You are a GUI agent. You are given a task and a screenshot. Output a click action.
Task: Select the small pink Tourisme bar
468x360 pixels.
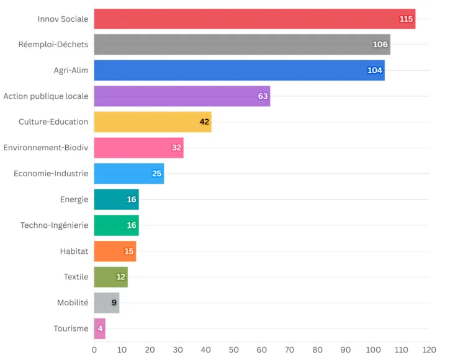(x=99, y=328)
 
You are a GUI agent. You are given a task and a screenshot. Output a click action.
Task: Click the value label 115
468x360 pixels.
(x=406, y=19)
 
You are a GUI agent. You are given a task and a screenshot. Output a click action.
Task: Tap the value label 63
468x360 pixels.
(x=263, y=96)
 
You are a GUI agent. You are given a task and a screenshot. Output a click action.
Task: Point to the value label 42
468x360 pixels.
(x=204, y=122)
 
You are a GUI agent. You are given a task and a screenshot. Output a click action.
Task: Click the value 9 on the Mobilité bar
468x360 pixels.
(x=114, y=303)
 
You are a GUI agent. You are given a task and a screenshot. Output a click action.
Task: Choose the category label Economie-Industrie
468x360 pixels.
(x=51, y=173)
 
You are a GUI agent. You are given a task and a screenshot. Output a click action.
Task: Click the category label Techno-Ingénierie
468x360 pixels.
(x=54, y=225)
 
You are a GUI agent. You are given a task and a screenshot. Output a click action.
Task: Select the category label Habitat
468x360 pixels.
(x=74, y=251)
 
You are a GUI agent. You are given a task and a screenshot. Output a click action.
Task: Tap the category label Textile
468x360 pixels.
(x=76, y=277)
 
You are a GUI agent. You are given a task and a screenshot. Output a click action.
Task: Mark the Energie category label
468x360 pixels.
(x=74, y=199)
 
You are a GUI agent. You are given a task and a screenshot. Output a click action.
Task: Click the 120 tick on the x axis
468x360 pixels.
(x=429, y=349)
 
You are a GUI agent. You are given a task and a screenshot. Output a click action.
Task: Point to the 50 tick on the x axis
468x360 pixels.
(x=233, y=349)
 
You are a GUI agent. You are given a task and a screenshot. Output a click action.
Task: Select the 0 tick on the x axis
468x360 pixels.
(x=94, y=349)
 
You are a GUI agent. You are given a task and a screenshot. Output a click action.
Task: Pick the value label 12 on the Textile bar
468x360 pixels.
(x=120, y=277)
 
